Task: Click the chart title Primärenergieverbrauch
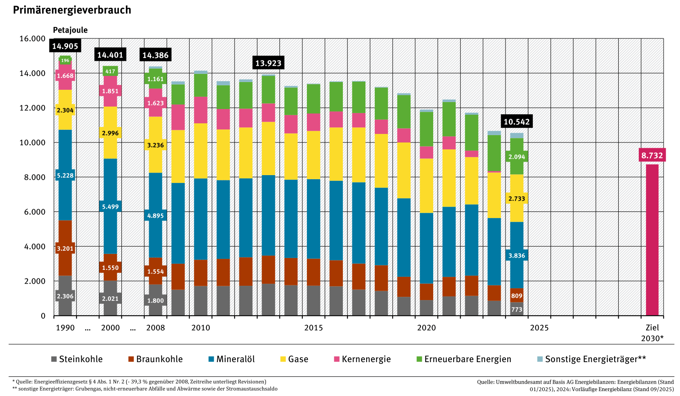pyautogui.click(x=72, y=10)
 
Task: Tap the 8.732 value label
pyautogui.click(x=652, y=155)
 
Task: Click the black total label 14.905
pyautogui.click(x=65, y=46)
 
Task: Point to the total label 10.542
pyautogui.click(x=517, y=122)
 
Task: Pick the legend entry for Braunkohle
pyautogui.click(x=155, y=359)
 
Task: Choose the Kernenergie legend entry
pyautogui.click(x=362, y=359)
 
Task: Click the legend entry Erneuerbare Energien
pyautogui.click(x=463, y=359)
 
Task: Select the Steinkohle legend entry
pyautogui.click(x=76, y=359)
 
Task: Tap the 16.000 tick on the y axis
pyautogui.click(x=32, y=39)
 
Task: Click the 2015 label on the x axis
pyautogui.click(x=313, y=328)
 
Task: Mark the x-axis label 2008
pyautogui.click(x=155, y=328)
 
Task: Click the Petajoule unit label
pyautogui.click(x=70, y=30)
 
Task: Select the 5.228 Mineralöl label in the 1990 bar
pyautogui.click(x=65, y=176)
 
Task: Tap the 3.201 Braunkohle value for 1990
pyautogui.click(x=65, y=248)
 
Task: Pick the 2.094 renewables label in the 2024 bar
pyautogui.click(x=517, y=157)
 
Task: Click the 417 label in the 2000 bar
pyautogui.click(x=110, y=71)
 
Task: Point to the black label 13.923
pyautogui.click(x=268, y=63)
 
